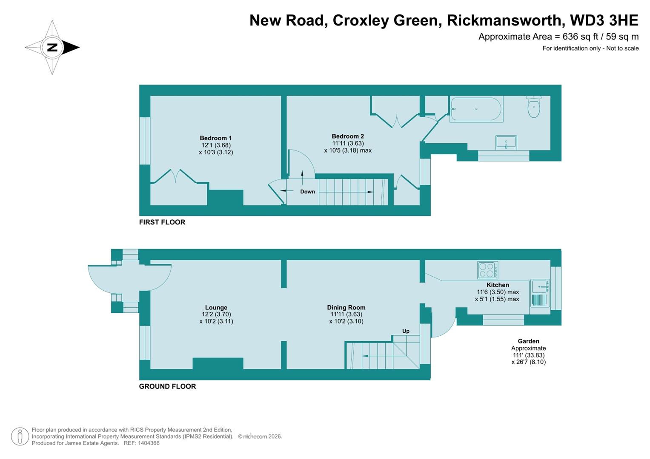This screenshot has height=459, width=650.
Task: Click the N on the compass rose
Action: (x=52, y=48)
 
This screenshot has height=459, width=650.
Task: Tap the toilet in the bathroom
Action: (x=533, y=107)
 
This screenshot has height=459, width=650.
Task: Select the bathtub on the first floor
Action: (x=476, y=109)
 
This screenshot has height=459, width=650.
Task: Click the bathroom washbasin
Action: (x=506, y=142)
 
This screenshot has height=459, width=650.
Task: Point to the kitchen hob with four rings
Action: (x=488, y=270)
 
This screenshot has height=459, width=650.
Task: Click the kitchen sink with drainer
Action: (x=540, y=293)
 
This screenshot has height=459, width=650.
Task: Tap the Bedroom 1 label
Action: (x=215, y=138)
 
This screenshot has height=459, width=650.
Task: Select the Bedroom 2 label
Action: (x=347, y=136)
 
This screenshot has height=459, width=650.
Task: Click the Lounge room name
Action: (x=216, y=308)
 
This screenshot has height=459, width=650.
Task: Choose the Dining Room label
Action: (x=346, y=308)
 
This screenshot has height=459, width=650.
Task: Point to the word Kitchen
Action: (x=498, y=285)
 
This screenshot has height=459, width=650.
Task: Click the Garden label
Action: (x=528, y=341)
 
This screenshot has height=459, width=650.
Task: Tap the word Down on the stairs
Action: (x=307, y=192)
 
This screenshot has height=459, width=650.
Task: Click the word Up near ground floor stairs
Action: (x=406, y=331)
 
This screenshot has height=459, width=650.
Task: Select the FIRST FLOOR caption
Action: (x=162, y=222)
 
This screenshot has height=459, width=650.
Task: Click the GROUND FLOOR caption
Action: (x=167, y=386)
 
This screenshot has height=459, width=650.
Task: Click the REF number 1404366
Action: (x=147, y=443)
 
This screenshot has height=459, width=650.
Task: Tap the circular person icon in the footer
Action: (x=20, y=436)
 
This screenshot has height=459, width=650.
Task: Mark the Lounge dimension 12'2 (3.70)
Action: (x=216, y=314)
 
